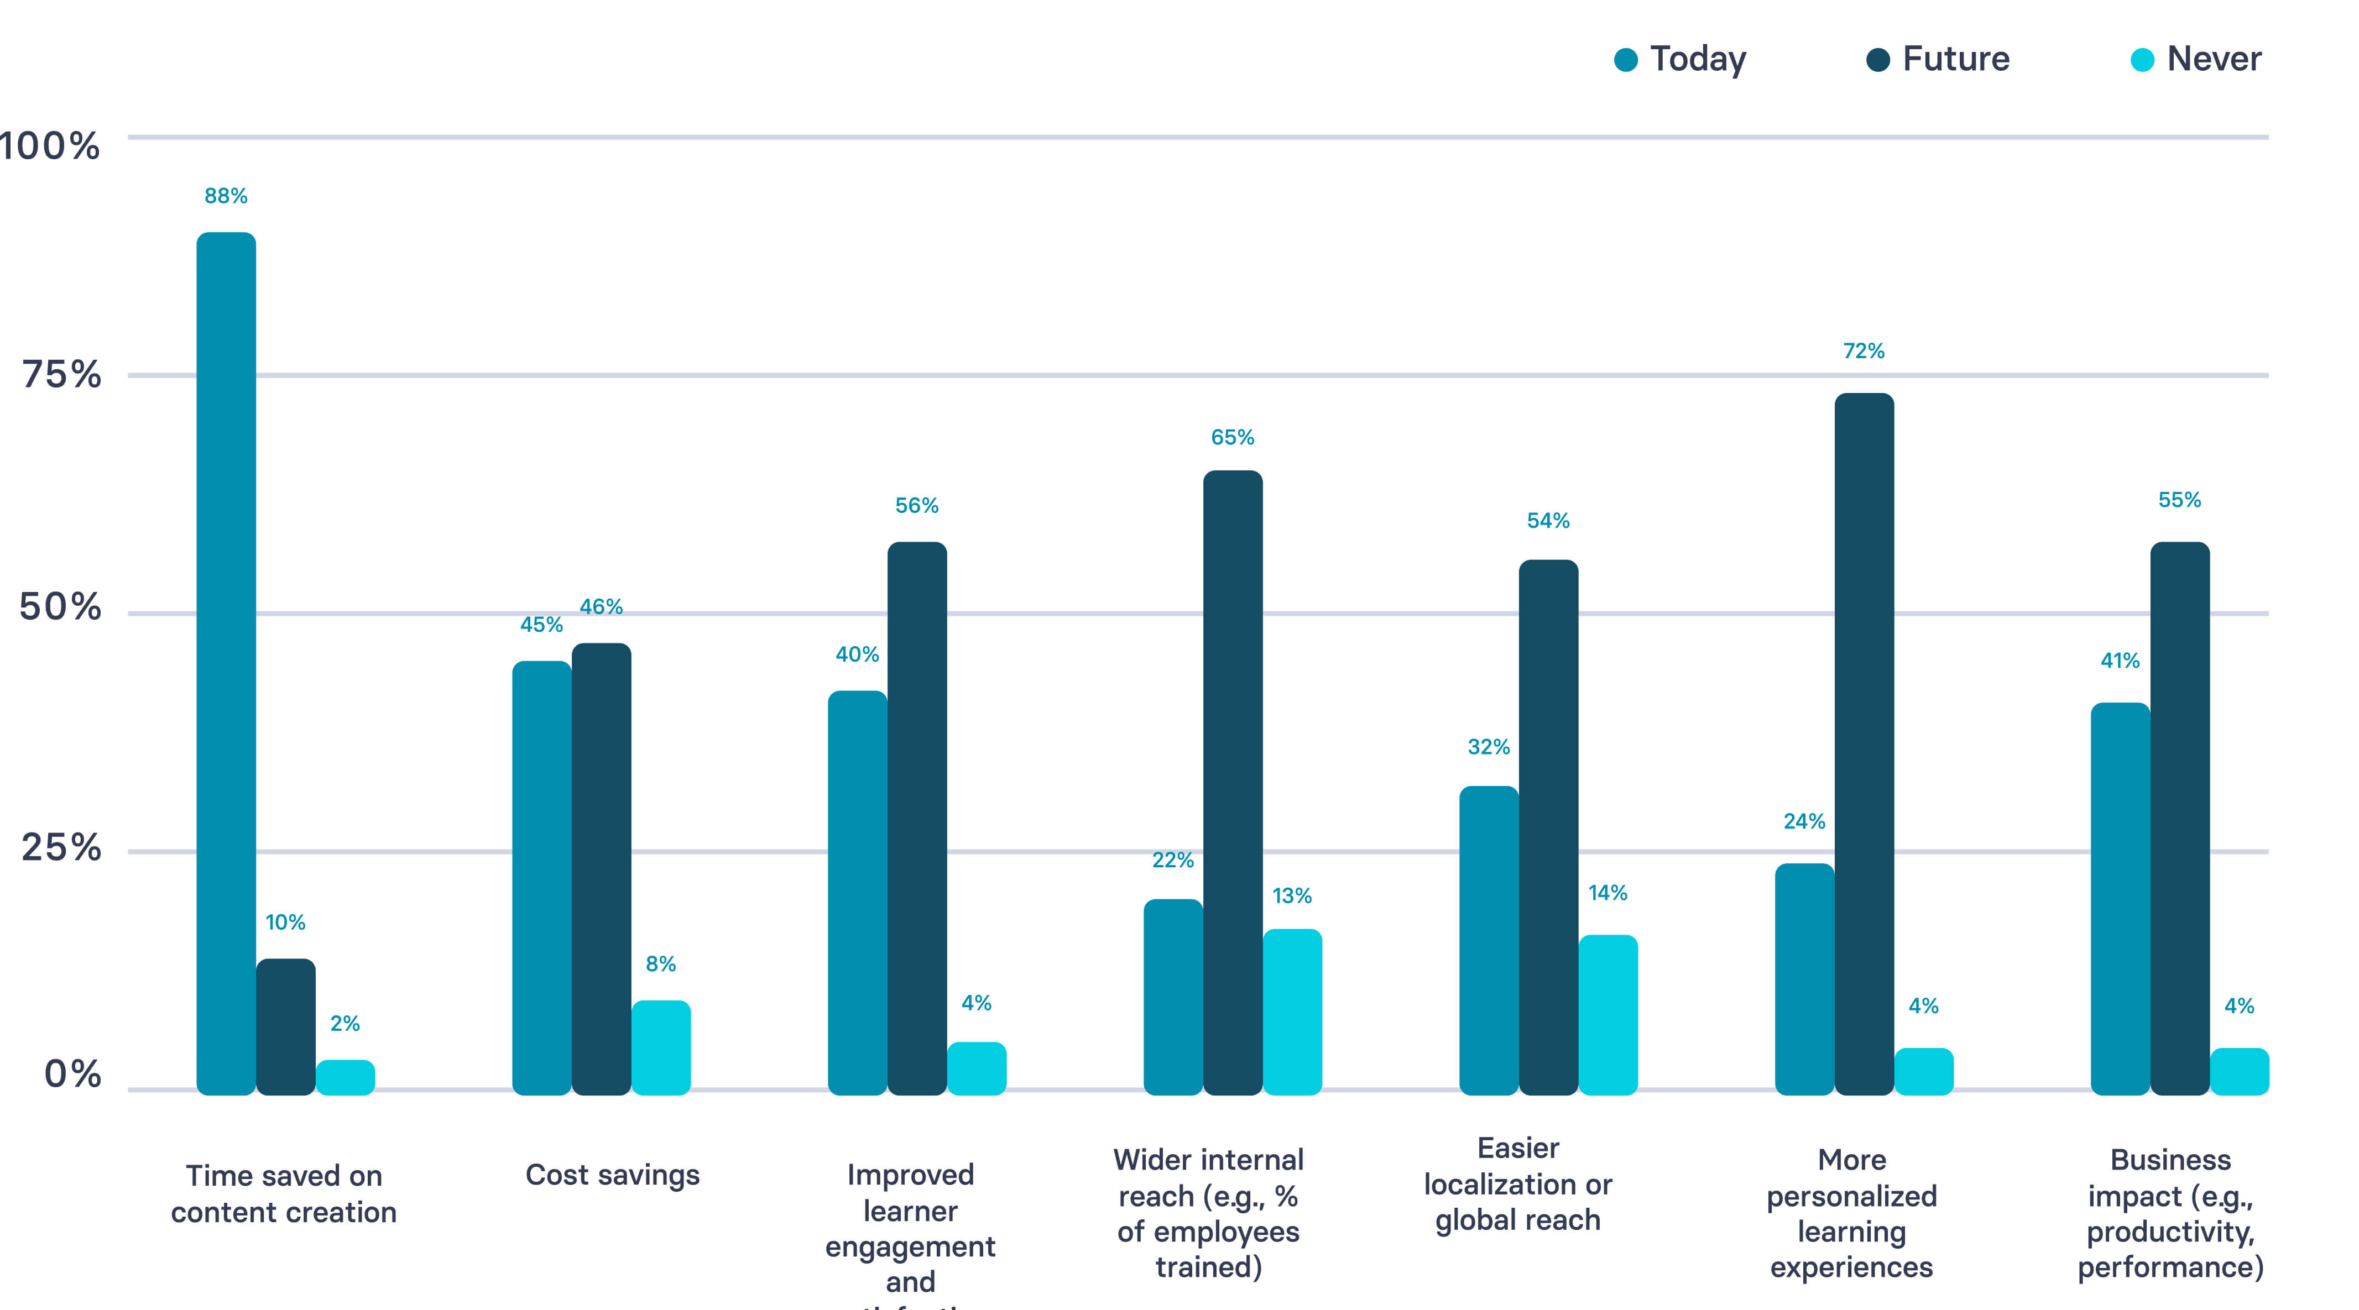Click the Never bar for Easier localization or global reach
pos(1608,1014)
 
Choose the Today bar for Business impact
pos(2120,898)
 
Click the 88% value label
pos(226,196)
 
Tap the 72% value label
pos(1864,350)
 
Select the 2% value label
pos(345,1024)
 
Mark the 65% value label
pos(1233,438)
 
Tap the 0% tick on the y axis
pos(72,1074)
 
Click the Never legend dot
pos(2142,60)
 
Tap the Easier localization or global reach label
pos(1517,1183)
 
